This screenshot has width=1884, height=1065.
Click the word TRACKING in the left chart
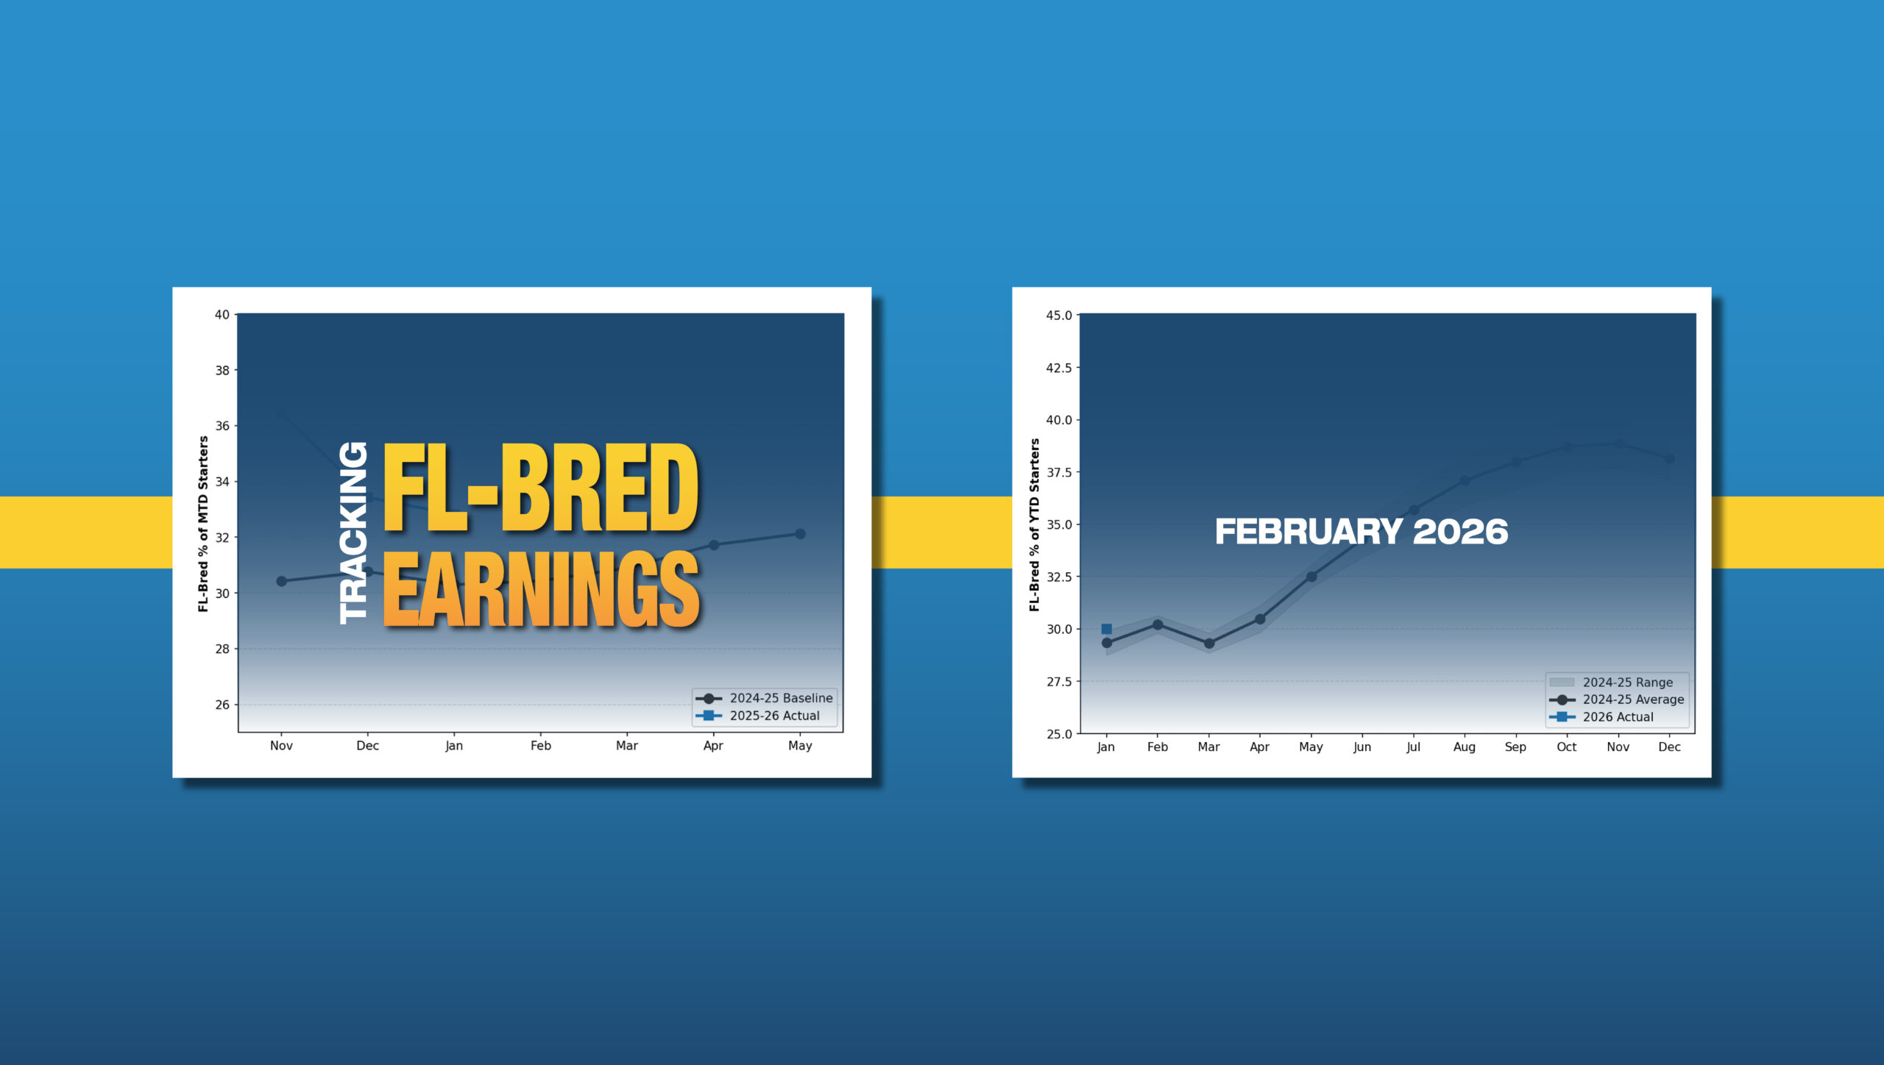click(x=353, y=533)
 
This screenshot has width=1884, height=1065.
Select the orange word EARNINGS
click(x=541, y=590)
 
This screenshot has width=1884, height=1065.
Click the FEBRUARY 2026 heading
click(x=1361, y=532)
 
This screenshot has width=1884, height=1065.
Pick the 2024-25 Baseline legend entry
click(x=765, y=698)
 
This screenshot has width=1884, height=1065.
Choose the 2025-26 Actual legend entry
click(x=758, y=716)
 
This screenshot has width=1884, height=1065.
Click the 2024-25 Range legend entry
click(x=1611, y=683)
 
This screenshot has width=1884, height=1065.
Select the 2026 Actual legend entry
click(x=1601, y=717)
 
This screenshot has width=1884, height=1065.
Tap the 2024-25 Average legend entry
click(x=1617, y=699)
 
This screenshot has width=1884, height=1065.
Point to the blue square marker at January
click(x=1106, y=629)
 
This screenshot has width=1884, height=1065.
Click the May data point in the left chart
click(x=801, y=534)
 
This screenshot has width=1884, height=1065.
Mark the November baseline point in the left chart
click(x=281, y=581)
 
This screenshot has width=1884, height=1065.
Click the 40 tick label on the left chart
click(x=222, y=315)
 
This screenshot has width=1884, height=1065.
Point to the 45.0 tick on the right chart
click(x=1059, y=316)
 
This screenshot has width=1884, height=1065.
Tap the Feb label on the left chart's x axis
click(x=541, y=746)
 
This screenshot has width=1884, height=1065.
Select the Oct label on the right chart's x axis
click(x=1567, y=747)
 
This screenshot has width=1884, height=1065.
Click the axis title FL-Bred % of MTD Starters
click(x=203, y=524)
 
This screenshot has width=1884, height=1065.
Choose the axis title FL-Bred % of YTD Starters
click(x=1035, y=525)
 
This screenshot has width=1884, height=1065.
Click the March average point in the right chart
click(x=1209, y=644)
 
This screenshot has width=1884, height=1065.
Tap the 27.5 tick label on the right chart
click(x=1059, y=682)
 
